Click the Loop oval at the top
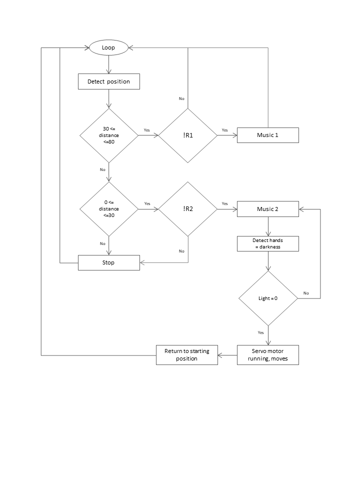(108, 47)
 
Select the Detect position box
(108, 81)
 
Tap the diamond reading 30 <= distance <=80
(108, 135)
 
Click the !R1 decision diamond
(188, 135)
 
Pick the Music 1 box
(267, 135)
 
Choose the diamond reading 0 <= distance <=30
(108, 208)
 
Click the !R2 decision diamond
(188, 208)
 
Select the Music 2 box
(267, 208)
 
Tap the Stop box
(108, 262)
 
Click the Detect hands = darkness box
(267, 243)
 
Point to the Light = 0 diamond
(267, 298)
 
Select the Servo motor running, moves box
(267, 355)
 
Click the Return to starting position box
(187, 355)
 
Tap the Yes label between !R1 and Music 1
(224, 130)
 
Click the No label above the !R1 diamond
(181, 98)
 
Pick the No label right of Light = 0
(306, 293)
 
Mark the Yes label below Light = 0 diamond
(260, 332)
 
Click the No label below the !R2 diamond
(181, 250)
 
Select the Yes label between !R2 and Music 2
(224, 203)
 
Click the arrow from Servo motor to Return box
(227, 355)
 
